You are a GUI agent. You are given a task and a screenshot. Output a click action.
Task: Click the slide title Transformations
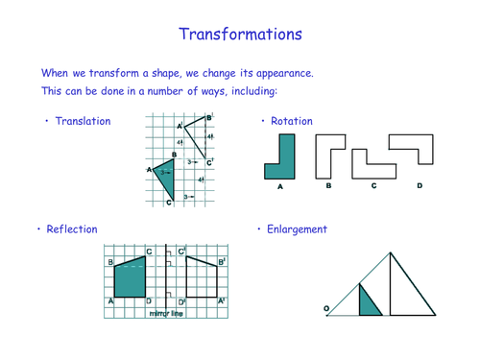point(240,34)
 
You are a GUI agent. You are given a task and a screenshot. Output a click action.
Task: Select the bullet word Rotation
point(292,122)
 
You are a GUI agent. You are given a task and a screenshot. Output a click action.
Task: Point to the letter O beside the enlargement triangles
point(326,308)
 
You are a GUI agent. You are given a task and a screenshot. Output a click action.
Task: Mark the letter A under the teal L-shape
point(280,186)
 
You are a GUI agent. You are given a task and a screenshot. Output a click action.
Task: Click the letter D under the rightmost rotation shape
point(419,185)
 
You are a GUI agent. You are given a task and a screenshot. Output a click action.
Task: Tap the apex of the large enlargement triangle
point(391,252)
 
